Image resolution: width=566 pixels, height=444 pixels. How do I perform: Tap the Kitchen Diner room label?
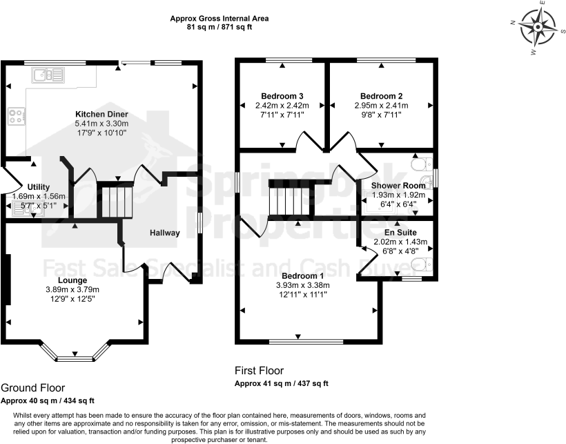(x=101, y=114)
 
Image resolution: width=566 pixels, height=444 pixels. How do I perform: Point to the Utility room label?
(x=39, y=186)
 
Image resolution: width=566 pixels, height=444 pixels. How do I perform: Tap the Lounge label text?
(x=73, y=280)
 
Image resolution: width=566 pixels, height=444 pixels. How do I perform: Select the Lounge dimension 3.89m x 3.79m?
(x=73, y=289)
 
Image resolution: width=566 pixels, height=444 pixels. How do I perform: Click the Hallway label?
(x=165, y=233)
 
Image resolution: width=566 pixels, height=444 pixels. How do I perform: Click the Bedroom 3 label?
(x=282, y=96)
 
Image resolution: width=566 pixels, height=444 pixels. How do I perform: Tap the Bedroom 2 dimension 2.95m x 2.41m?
(x=381, y=106)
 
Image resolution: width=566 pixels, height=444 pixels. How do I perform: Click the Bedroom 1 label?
(x=300, y=276)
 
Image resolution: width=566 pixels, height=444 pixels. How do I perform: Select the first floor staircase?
(x=291, y=200)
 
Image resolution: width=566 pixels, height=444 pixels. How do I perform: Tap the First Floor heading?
(x=259, y=371)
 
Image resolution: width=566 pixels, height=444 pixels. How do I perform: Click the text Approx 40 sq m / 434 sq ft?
(x=48, y=400)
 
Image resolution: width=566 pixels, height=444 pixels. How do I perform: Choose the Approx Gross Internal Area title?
(x=219, y=19)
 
